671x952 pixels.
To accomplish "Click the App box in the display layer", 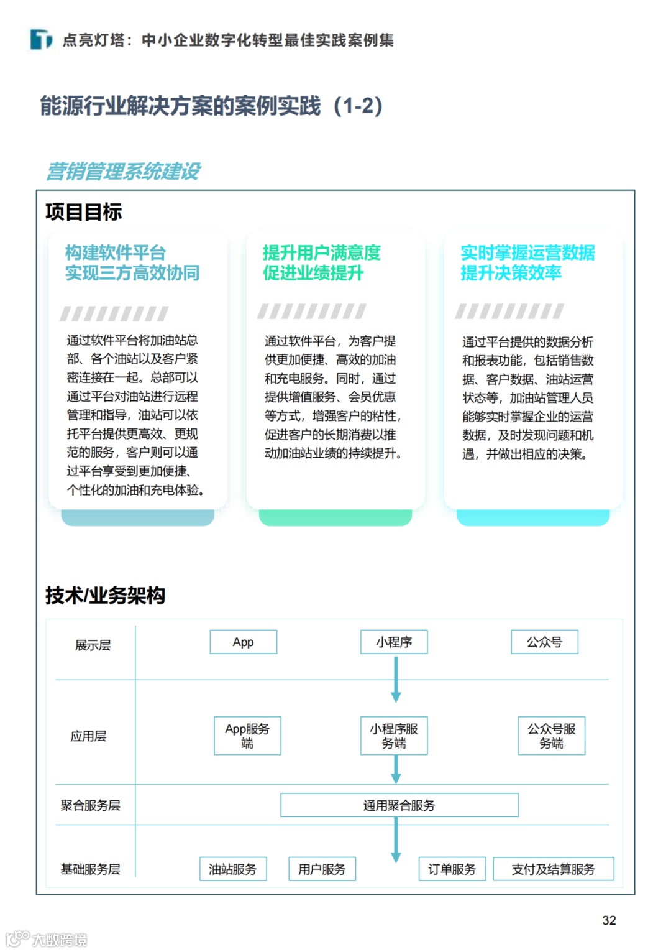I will (x=243, y=642).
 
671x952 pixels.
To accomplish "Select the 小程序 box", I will (x=394, y=642).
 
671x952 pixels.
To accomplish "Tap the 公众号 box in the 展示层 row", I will (x=544, y=642).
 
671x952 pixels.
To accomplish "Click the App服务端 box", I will (x=247, y=736).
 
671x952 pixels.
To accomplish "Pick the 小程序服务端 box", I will (x=394, y=736).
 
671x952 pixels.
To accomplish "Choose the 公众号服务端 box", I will (x=551, y=736).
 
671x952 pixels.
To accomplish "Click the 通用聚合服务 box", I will (x=399, y=805).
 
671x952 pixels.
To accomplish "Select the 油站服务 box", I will (x=232, y=869).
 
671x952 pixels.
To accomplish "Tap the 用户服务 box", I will (x=322, y=869).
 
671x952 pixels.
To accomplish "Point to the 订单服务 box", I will (x=452, y=869).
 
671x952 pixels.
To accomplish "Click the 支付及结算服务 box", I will (x=553, y=869).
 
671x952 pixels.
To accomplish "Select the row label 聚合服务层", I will (x=90, y=805).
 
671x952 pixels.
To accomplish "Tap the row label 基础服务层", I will (x=90, y=869).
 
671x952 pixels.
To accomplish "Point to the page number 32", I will (x=609, y=920).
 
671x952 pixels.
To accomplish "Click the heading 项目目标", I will (x=83, y=212).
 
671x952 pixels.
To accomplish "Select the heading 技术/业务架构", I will (x=105, y=595).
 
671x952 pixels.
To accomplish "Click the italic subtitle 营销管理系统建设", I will (x=123, y=171).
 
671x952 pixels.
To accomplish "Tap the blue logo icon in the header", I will (x=41, y=39).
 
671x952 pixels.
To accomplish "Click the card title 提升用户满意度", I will (x=321, y=252).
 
